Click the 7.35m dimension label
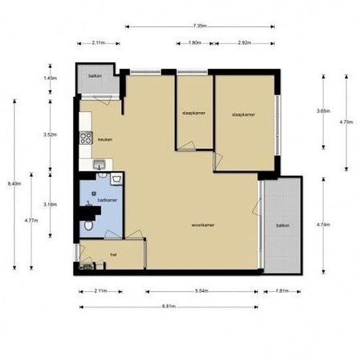[200, 26]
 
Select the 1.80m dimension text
[194, 43]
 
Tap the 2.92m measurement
[245, 43]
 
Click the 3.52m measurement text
[48, 134]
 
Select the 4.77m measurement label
[31, 220]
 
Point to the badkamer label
[108, 199]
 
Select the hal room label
[113, 255]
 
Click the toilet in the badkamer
[88, 226]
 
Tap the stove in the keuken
[84, 137]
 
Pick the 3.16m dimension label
[48, 204]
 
